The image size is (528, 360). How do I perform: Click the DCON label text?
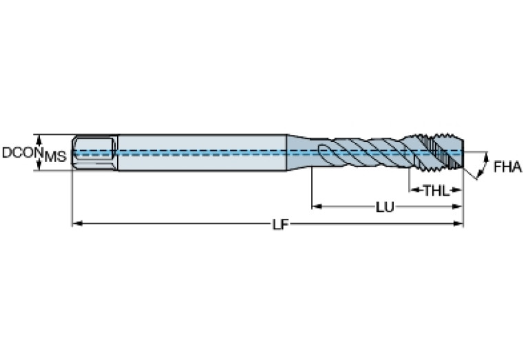(23, 152)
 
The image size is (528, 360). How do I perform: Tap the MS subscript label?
(56, 157)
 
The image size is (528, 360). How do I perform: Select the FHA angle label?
(508, 167)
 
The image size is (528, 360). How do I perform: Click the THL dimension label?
(436, 191)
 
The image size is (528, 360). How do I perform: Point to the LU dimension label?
(385, 207)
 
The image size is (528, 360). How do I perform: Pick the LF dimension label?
(280, 224)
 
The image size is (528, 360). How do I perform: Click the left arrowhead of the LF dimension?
(78, 223)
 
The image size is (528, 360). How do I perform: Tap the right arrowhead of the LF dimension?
(458, 223)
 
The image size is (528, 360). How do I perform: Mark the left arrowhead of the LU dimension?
(317, 206)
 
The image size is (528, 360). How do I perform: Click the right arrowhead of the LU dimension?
(457, 207)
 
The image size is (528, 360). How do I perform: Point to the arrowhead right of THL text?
(456, 190)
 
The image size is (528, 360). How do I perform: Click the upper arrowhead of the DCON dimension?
(39, 140)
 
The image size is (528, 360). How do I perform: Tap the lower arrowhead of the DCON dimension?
(39, 165)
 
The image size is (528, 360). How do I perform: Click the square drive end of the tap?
(95, 153)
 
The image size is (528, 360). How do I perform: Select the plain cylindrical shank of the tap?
(202, 153)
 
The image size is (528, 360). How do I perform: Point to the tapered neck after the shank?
(299, 152)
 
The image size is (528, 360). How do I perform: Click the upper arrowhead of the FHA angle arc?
(486, 157)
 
